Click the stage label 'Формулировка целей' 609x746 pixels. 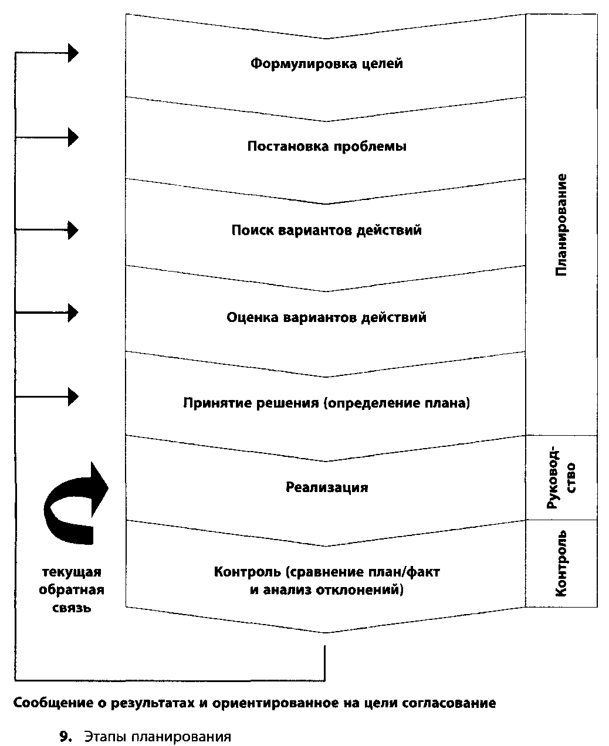click(327, 64)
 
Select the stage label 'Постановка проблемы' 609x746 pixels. click(327, 147)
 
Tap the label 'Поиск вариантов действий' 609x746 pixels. click(327, 230)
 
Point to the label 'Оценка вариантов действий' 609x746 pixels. click(327, 317)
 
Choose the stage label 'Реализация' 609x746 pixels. click(327, 487)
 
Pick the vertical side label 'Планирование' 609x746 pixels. click(561, 225)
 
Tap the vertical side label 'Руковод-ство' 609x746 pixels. click(561, 478)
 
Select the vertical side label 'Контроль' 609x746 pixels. click(561, 564)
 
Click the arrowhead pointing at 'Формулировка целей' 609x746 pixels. click(73, 53)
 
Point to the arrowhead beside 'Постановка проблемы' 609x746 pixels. click(73, 137)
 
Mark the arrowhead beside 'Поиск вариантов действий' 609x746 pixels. click(73, 230)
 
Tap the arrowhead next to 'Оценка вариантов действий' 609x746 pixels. click(73, 313)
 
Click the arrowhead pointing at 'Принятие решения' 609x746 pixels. click(73, 397)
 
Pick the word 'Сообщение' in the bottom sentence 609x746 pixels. click(54, 703)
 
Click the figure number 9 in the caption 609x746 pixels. click(65, 737)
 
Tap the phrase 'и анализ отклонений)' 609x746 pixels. click(327, 590)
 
